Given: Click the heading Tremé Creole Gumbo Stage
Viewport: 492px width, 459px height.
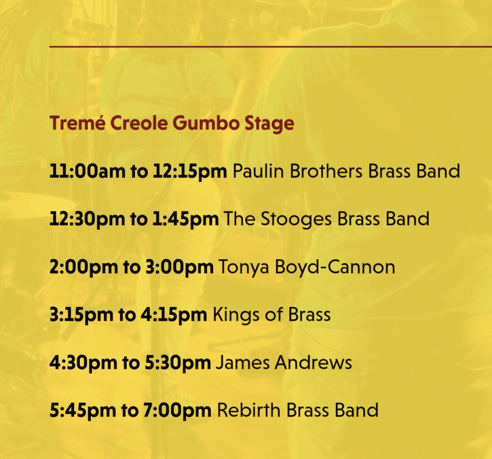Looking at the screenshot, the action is [172, 123].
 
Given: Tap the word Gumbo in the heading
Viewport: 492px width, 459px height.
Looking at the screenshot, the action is [206, 123].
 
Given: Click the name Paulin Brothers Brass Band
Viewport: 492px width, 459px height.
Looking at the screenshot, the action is [346, 171].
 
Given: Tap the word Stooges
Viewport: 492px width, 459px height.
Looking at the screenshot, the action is [296, 219].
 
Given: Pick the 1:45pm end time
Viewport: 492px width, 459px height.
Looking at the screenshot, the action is [185, 219].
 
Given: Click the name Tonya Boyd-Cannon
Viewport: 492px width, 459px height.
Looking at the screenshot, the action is [307, 267].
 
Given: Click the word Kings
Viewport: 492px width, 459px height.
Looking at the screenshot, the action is [236, 315].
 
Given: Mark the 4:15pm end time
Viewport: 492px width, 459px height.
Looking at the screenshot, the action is [174, 315].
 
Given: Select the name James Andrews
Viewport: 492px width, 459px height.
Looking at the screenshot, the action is [284, 362].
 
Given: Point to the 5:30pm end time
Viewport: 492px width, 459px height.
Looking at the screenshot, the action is [178, 363].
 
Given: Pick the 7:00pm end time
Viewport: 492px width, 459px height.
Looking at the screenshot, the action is [177, 411].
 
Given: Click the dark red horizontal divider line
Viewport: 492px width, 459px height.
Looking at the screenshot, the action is [271, 47].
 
